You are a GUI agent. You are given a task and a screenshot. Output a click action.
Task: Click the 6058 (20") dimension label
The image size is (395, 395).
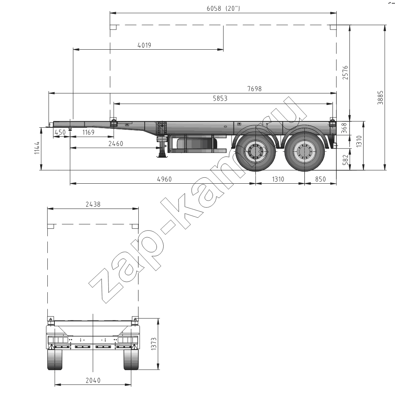click(223, 8)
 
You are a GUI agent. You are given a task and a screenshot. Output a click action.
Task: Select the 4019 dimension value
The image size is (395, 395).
click(144, 45)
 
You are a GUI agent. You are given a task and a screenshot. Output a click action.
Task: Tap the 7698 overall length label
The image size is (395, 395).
click(254, 89)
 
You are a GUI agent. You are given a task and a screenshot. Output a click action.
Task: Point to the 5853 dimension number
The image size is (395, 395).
click(220, 98)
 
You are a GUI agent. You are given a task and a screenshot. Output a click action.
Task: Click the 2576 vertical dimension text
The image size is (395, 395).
click(345, 73)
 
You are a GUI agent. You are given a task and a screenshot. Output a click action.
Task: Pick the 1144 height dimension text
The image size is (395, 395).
click(37, 148)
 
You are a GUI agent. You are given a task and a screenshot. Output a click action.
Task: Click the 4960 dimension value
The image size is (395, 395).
click(164, 179)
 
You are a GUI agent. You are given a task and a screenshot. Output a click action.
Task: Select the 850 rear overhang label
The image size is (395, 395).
click(320, 179)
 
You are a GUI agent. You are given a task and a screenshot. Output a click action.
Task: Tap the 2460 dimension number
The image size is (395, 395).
click(116, 143)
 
